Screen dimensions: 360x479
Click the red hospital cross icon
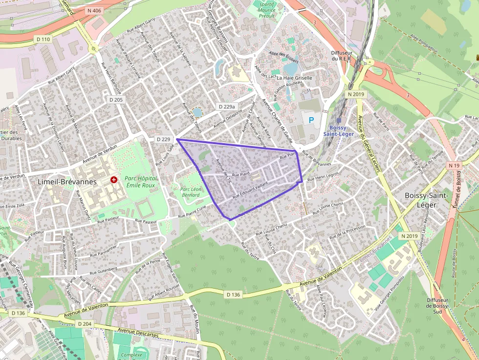pyautogui.click(x=114, y=180)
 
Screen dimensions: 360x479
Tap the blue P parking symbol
pyautogui.click(x=311, y=120)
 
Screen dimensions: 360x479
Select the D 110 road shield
pyautogui.click(x=43, y=39)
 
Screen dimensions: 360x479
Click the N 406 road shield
pyautogui.click(x=94, y=10)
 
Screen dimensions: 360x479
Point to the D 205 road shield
pyautogui.click(x=115, y=100)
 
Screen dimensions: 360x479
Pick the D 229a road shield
pyautogui.click(x=227, y=106)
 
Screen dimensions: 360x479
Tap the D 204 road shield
pyautogui.click(x=85, y=324)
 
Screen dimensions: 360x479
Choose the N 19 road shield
pyautogui.click(x=454, y=166)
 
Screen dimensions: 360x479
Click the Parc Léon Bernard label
pyautogui.click(x=190, y=192)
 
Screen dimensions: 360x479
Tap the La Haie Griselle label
pyautogui.click(x=294, y=78)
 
